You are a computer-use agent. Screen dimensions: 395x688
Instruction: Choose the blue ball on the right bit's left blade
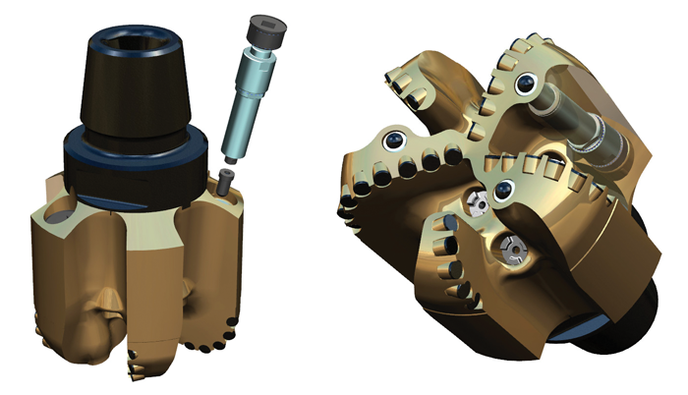[397, 141]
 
